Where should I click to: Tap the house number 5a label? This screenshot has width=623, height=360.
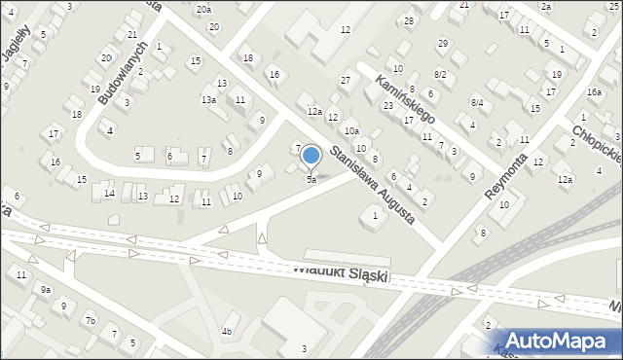311,180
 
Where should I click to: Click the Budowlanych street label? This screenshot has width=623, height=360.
119,72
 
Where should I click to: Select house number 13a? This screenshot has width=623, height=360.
208,99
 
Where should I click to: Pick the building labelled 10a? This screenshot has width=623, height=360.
350,130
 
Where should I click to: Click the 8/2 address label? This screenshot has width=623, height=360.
440,74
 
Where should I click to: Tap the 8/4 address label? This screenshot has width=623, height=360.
477,102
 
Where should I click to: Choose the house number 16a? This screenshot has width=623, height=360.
594,91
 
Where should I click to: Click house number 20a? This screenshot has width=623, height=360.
202,9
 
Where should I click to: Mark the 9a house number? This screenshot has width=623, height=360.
45,289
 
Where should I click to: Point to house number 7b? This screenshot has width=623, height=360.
90,320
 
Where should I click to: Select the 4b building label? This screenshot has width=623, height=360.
227,332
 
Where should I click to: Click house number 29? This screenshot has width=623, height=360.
443,43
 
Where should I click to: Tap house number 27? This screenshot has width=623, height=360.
345,79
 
